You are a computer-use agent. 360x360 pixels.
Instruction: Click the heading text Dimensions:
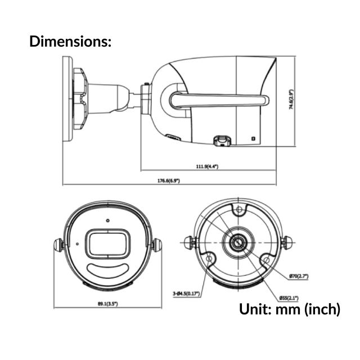coord(70,41)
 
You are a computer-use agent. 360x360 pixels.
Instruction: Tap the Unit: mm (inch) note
coord(290,309)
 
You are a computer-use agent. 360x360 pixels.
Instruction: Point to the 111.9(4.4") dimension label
coord(206,166)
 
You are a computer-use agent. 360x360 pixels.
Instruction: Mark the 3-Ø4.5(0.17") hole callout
coord(187,293)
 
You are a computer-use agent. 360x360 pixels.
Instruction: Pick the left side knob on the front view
coord(57,245)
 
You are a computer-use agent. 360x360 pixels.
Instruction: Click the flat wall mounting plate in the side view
coord(66,100)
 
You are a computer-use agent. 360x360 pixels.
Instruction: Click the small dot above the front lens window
coord(106,220)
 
